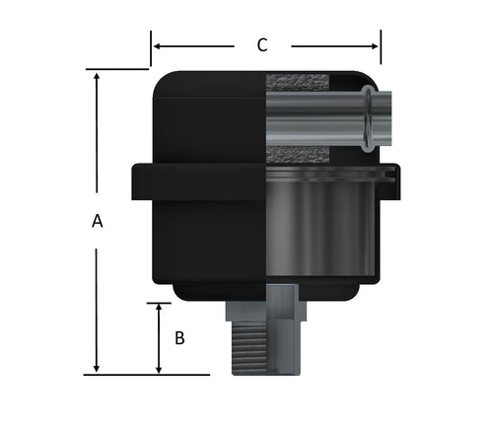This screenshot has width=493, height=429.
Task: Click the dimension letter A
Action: (x=97, y=222)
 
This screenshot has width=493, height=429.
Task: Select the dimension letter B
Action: (x=179, y=338)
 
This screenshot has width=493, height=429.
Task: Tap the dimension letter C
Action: (x=261, y=44)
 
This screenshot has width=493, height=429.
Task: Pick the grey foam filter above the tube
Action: (x=296, y=83)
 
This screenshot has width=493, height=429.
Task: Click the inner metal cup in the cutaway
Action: (x=320, y=222)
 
